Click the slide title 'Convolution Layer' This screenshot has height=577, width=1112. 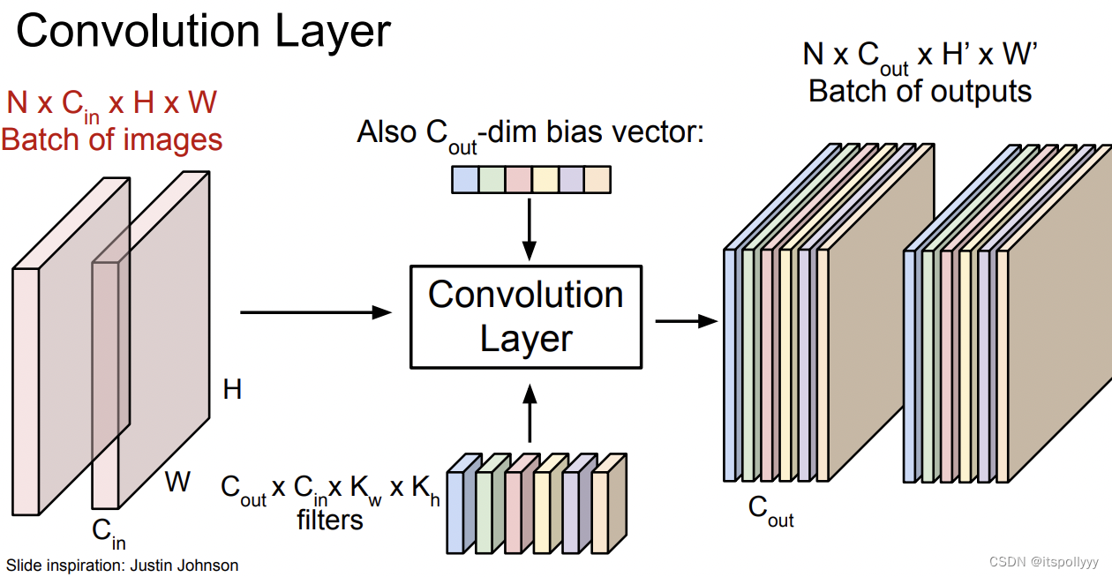click(203, 31)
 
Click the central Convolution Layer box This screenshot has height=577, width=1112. click(526, 316)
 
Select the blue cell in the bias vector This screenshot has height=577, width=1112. click(464, 180)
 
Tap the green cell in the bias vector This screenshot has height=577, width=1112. click(491, 180)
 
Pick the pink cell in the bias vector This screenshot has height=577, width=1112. click(517, 180)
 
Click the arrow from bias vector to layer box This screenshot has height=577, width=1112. click(529, 227)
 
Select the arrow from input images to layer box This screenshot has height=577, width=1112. click(315, 312)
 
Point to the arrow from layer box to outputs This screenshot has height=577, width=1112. click(685, 321)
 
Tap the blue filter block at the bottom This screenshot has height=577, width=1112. click(456, 512)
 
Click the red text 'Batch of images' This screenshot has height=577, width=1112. click(112, 139)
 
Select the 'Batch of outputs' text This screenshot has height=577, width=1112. click(920, 91)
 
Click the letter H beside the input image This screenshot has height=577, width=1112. click(232, 389)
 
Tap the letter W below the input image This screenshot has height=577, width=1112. click(177, 482)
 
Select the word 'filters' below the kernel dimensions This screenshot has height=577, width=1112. click(330, 521)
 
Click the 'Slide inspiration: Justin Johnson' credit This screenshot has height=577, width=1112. click(122, 565)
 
